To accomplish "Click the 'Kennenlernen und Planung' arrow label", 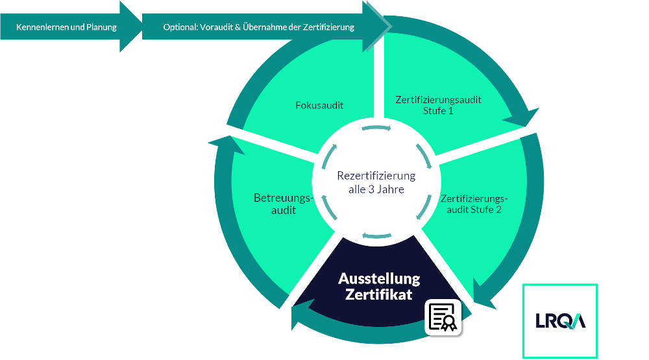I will click(x=66, y=27).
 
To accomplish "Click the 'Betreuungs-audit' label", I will click(x=275, y=204).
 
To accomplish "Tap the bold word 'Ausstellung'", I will click(x=379, y=279).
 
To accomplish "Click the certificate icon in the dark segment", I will click(x=443, y=317).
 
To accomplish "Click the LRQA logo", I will click(x=560, y=320).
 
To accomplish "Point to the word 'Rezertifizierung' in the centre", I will click(x=376, y=176).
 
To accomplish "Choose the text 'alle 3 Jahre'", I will click(x=376, y=189).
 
